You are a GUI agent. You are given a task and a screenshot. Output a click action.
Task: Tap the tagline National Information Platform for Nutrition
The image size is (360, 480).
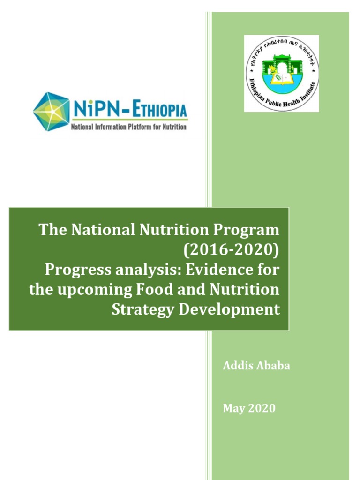tap(128, 127)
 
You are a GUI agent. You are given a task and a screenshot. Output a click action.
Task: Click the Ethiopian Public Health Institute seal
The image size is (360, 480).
tap(281, 73)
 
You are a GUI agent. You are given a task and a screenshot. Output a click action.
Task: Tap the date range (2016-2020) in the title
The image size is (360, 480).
tap(232, 250)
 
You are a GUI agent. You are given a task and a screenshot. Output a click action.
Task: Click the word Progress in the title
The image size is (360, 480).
tap(75, 270)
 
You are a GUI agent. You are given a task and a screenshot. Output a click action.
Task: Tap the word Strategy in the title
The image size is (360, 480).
tap(136, 309)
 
